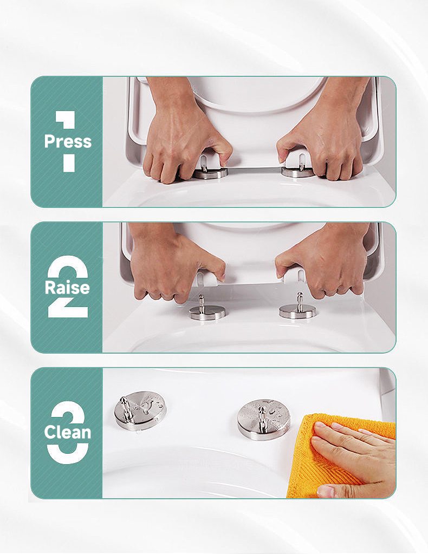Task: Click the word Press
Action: [68, 141]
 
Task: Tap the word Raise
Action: [67, 287]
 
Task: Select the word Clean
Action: [68, 432]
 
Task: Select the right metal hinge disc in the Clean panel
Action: [264, 420]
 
